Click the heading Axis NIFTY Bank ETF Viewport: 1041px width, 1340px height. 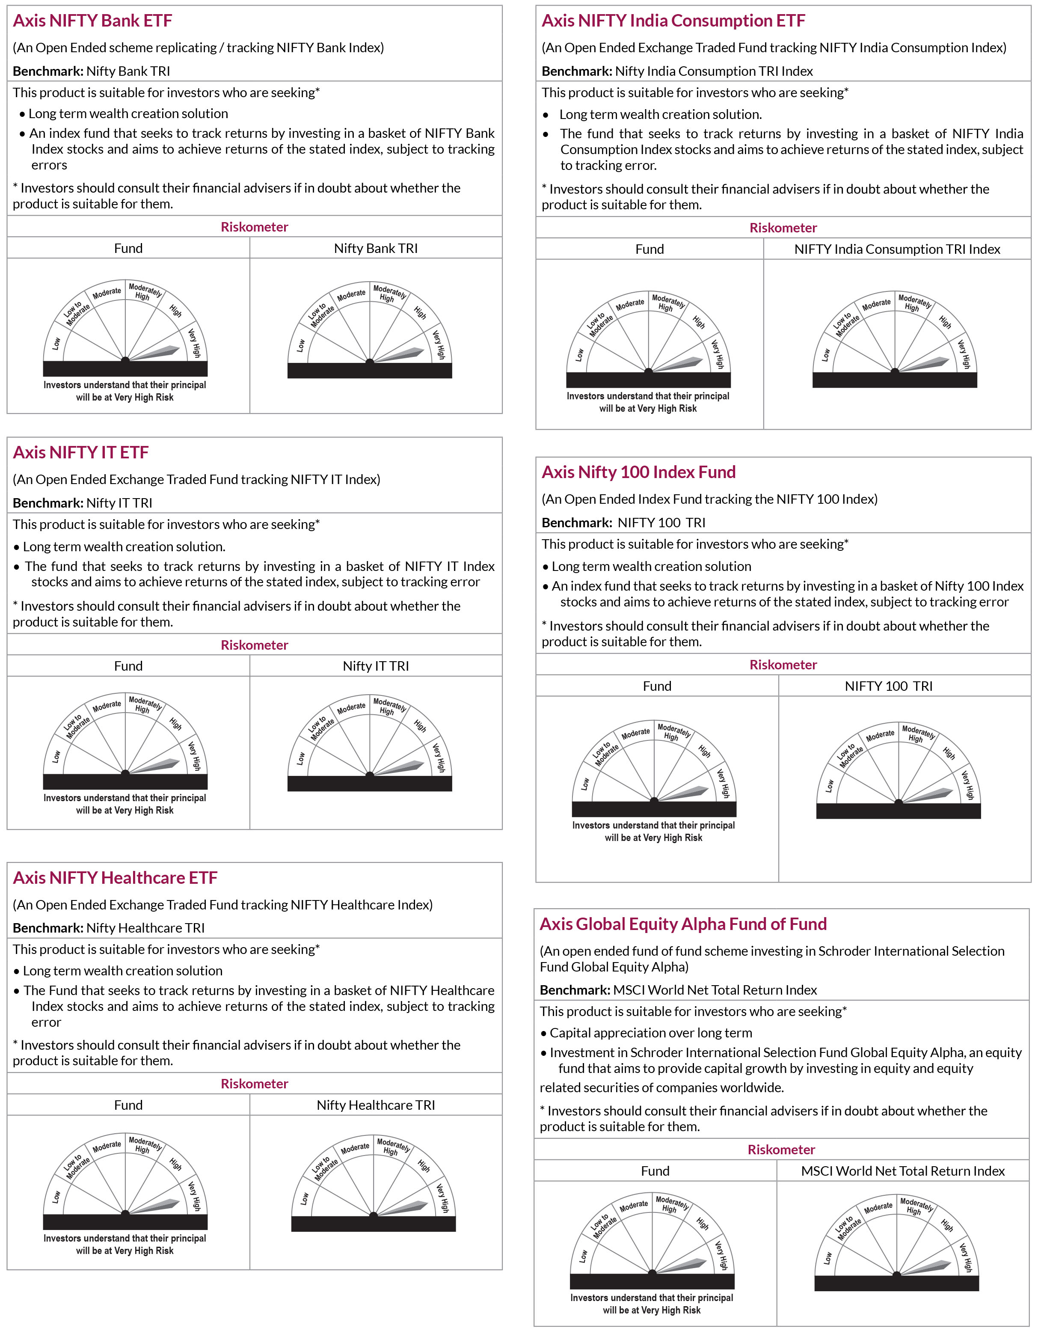pyautogui.click(x=92, y=21)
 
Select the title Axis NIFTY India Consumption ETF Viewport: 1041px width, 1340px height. pyautogui.click(x=673, y=21)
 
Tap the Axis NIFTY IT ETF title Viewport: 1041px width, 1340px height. pyautogui.click(x=81, y=453)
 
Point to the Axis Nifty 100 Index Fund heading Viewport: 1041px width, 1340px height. pyautogui.click(x=638, y=472)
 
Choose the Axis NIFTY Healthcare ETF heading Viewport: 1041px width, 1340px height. pyautogui.click(x=116, y=878)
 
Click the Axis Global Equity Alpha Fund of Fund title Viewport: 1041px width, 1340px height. pyautogui.click(x=683, y=924)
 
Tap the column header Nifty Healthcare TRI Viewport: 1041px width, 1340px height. pyautogui.click(x=375, y=1105)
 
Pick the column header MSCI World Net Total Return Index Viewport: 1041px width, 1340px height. pyautogui.click(x=902, y=1171)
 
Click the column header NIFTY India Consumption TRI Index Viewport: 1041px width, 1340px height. pyautogui.click(x=897, y=249)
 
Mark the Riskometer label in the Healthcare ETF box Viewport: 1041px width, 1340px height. pyautogui.click(x=254, y=1084)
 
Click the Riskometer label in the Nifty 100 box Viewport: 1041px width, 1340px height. pyautogui.click(x=783, y=665)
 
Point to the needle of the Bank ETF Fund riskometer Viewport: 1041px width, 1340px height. pyautogui.click(x=157, y=352)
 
